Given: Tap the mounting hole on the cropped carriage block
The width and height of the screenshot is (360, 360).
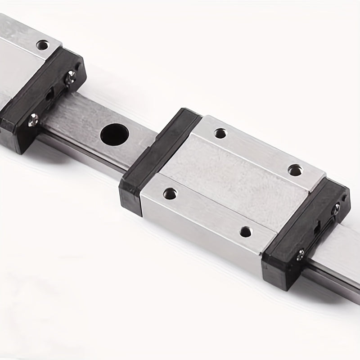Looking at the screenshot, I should tap(43, 45).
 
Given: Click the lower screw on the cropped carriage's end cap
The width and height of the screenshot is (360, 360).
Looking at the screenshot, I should tap(33, 120).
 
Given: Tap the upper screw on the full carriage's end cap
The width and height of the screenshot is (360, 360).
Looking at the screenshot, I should tap(336, 207).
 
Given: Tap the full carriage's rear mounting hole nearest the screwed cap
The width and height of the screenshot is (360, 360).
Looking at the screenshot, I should tap(295, 170).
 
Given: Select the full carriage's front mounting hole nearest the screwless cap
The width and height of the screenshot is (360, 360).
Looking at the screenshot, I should tap(170, 193).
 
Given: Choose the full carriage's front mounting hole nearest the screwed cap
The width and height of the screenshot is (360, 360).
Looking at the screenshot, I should tap(245, 232).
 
